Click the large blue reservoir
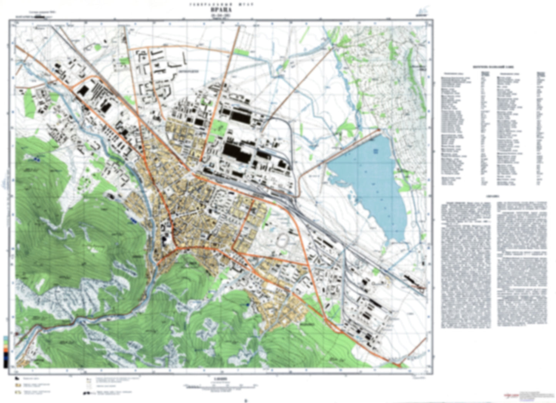click(x=369, y=181)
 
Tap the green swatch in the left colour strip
click(x=5, y=342)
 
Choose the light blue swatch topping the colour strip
click(x=5, y=338)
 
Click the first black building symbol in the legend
click(x=18, y=378)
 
